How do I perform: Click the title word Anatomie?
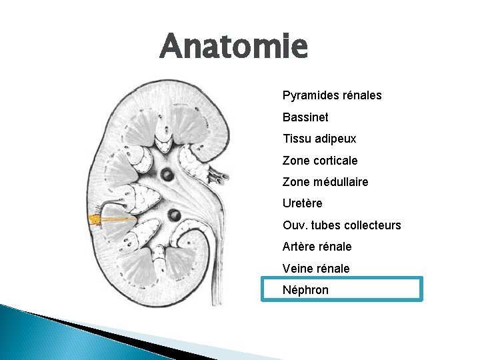coord(234,47)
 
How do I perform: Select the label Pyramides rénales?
coord(332,95)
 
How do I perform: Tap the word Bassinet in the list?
coord(305,117)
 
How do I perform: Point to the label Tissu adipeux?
coord(319,139)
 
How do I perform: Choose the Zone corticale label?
coord(320,161)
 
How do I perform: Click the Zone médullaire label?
coord(325,182)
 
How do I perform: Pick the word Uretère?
coord(302,203)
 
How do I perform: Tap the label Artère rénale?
coord(317,247)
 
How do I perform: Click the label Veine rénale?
coord(316,268)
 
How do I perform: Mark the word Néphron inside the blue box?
coord(305,290)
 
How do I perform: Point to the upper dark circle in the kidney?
coord(167,176)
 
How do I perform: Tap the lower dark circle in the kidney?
coord(174,215)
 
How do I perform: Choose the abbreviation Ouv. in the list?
coord(294,225)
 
